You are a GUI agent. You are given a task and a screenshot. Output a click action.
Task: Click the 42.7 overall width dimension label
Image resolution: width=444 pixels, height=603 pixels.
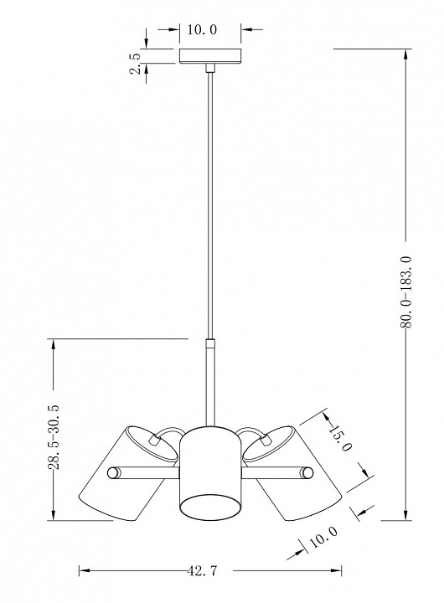[x=203, y=570]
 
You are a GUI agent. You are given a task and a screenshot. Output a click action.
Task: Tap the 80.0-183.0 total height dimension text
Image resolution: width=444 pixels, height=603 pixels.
[x=406, y=292]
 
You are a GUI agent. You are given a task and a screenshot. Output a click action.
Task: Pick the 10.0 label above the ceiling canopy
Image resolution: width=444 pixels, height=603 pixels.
[x=202, y=29]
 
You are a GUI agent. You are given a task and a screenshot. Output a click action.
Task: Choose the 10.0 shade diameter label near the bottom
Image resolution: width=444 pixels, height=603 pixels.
[x=323, y=537]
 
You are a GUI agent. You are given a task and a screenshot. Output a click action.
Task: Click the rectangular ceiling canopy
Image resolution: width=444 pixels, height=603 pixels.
[x=210, y=56]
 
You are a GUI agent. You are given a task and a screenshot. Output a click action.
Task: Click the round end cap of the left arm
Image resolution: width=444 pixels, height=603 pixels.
[x=113, y=472]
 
